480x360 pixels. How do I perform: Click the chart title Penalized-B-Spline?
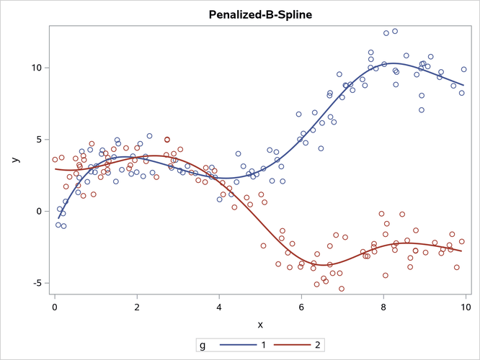[x=260, y=14]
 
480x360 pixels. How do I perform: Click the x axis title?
[x=260, y=324]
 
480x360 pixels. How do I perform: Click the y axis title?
[x=15, y=160]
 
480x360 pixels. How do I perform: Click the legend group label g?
[x=203, y=345]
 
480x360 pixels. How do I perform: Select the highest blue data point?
[x=395, y=31]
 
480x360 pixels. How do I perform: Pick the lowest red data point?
[x=342, y=289]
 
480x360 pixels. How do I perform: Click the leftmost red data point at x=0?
[x=55, y=160]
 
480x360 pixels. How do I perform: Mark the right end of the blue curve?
[x=464, y=86]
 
